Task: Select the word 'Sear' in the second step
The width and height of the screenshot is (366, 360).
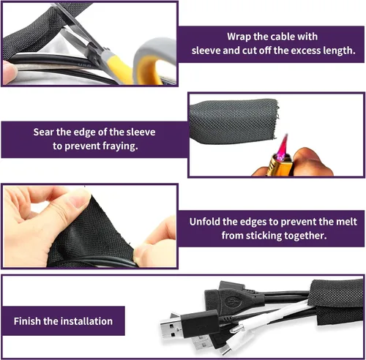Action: click(44, 132)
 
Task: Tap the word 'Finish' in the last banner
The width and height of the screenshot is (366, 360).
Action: click(27, 321)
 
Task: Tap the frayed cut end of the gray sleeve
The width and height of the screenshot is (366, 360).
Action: click(276, 119)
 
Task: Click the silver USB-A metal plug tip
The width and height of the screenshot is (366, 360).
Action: click(170, 328)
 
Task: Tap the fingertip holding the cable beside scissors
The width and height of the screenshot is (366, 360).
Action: click(10, 71)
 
